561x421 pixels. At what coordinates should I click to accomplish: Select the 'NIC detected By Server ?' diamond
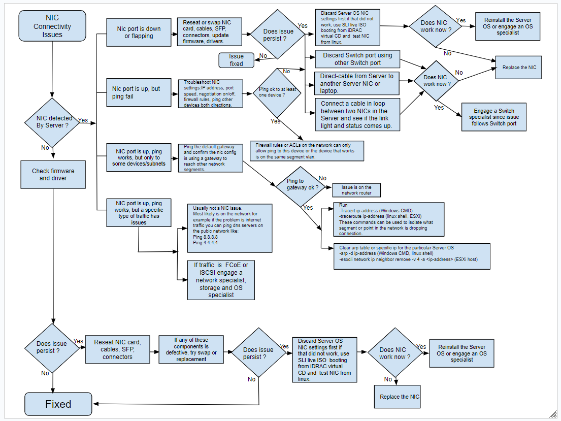tap(52, 121)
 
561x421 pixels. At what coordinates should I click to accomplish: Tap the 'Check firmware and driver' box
tap(53, 174)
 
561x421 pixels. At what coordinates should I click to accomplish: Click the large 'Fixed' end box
tap(58, 404)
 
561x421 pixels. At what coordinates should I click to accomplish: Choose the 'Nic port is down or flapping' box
tap(139, 33)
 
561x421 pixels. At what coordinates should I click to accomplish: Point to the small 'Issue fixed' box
tap(236, 60)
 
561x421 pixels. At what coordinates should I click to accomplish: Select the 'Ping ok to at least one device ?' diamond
tap(278, 92)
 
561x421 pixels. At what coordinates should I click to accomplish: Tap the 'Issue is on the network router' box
tap(356, 190)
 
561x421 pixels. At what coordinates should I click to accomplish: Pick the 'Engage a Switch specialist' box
tap(493, 117)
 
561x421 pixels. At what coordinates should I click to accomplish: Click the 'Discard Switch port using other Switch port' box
tap(357, 59)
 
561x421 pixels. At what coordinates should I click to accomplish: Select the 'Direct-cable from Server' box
tap(357, 83)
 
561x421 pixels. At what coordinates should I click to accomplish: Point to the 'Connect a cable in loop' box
tap(357, 114)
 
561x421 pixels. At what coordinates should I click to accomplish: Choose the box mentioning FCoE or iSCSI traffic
tap(221, 280)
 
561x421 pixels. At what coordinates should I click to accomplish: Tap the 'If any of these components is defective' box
tap(191, 349)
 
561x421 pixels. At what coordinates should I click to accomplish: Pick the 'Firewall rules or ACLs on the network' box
tap(306, 151)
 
